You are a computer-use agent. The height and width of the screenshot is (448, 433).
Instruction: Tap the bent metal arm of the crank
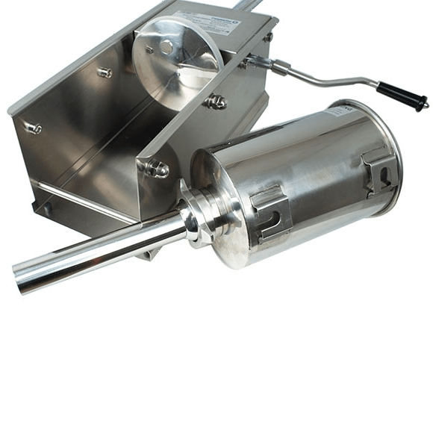(328, 78)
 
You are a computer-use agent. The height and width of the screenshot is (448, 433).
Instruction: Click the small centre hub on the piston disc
(166, 48)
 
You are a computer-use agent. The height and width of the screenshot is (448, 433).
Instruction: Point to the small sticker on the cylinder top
(343, 110)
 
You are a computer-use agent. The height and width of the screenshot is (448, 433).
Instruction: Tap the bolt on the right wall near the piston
(216, 102)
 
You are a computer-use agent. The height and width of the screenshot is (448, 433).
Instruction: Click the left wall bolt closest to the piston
(104, 72)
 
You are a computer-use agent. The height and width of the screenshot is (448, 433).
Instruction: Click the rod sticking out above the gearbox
(246, 5)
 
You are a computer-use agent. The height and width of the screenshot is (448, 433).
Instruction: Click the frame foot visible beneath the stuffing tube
(150, 254)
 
